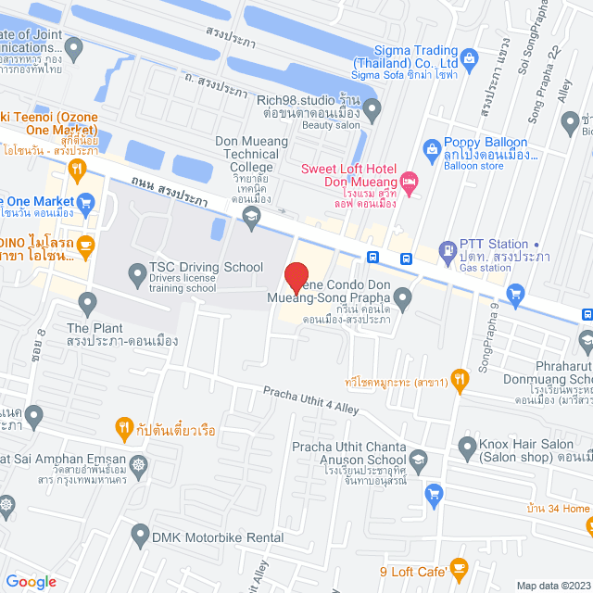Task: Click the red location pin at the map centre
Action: (296, 278)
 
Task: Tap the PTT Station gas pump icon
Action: (448, 248)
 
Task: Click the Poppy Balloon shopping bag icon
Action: (431, 147)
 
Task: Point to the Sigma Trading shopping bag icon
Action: (470, 59)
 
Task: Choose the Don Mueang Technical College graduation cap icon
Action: (249, 216)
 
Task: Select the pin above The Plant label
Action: (88, 302)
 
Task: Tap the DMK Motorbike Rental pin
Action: (140, 535)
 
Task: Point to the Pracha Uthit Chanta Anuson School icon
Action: (419, 460)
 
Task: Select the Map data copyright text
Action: (552, 586)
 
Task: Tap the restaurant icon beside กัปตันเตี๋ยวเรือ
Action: (122, 427)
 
